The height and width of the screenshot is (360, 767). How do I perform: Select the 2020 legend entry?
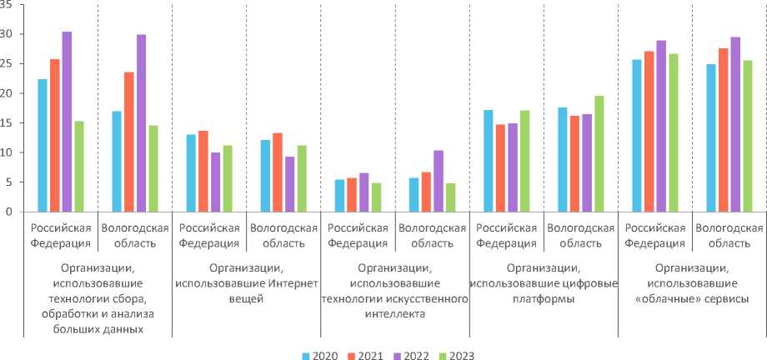click(x=319, y=355)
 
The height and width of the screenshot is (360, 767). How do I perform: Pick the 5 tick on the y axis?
click(x=10, y=182)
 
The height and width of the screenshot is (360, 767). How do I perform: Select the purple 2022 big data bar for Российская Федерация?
click(x=67, y=122)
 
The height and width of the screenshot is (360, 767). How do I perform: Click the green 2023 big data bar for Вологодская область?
click(x=153, y=168)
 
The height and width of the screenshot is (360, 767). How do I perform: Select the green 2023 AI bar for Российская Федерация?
click(x=376, y=197)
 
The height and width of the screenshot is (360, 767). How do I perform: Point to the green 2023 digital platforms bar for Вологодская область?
click(x=599, y=153)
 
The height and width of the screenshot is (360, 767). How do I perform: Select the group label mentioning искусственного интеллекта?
click(x=395, y=291)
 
